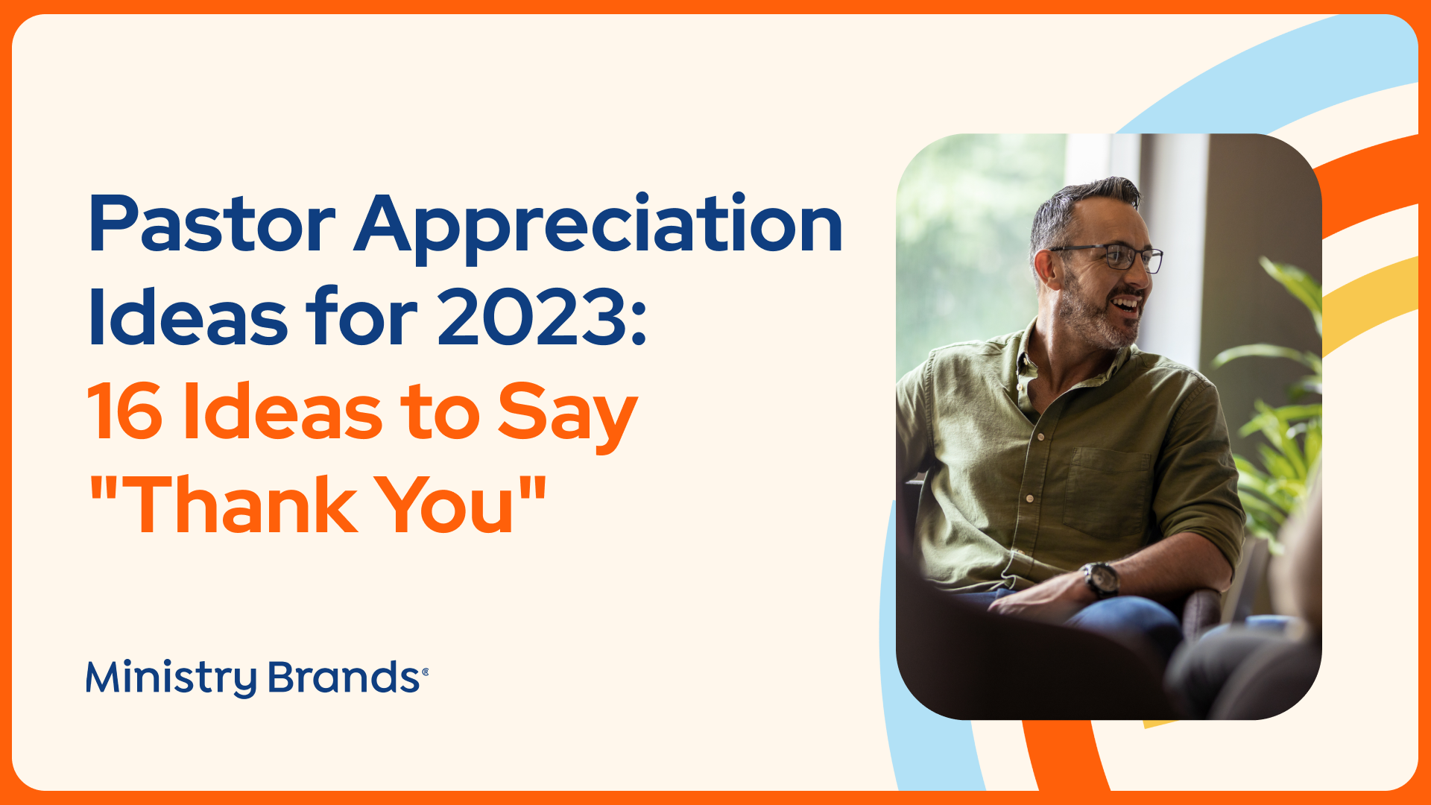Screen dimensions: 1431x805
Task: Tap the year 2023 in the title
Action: [x=532, y=318]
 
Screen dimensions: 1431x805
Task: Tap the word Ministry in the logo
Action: [x=172, y=678]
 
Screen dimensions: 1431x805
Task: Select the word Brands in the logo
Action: [x=344, y=677]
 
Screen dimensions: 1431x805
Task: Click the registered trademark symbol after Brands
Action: [x=425, y=672]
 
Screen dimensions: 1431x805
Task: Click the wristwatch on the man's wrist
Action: [x=1101, y=579]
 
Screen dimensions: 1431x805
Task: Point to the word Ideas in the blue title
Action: [x=188, y=318]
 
